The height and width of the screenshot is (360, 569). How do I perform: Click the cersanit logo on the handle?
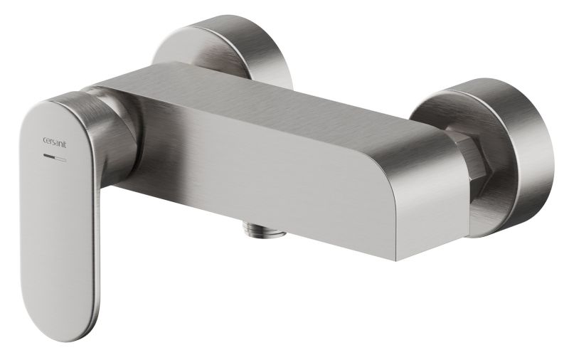tap(55, 142)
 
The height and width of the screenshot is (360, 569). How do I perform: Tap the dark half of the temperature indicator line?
tap(49, 157)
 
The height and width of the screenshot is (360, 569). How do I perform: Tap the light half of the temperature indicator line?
tap(60, 159)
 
